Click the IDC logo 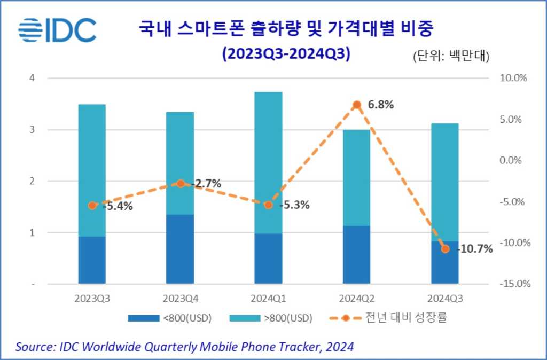click(57, 30)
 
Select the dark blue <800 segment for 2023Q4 click(180, 249)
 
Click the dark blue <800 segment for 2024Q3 click(445, 262)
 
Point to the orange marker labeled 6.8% click(357, 105)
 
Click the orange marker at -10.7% click(445, 249)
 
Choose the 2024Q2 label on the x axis click(356, 297)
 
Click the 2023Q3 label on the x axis click(92, 297)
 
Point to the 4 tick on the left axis click(32, 78)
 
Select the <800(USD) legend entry click(170, 318)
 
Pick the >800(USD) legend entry click(271, 318)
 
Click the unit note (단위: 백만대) click(452, 55)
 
